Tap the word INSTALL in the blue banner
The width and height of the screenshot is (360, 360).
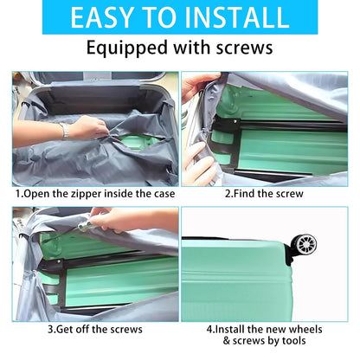point(236,17)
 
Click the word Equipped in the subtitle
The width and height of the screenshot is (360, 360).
point(127,48)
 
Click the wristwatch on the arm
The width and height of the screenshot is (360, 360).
point(65,132)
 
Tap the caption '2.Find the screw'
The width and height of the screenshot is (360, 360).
point(264,194)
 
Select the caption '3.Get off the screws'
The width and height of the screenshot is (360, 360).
point(95,329)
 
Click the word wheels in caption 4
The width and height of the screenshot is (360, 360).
point(305,329)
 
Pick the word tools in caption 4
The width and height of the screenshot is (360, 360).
point(294,341)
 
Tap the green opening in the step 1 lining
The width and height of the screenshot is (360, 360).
point(138,143)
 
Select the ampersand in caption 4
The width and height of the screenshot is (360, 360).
point(227,341)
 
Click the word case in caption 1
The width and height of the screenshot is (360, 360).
point(164,194)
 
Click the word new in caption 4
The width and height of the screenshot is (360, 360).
point(276,329)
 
